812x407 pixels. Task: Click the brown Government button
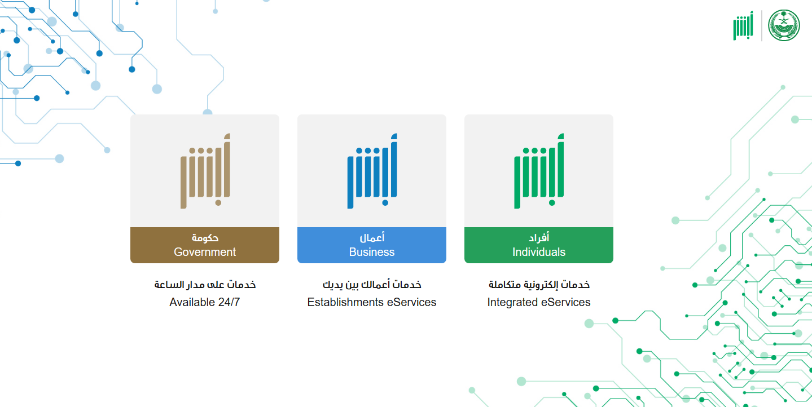click(205, 245)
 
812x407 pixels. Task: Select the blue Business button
click(371, 245)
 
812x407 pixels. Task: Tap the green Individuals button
click(539, 245)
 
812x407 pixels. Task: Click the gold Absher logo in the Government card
click(205, 171)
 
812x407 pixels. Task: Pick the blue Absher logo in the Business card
click(372, 171)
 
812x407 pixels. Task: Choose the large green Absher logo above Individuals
click(539, 171)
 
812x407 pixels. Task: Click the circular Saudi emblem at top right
click(784, 25)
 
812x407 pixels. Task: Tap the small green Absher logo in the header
click(743, 25)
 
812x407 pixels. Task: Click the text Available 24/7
click(205, 302)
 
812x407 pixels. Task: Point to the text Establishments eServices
click(371, 302)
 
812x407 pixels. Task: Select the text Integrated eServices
click(539, 302)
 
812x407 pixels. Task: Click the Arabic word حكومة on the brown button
click(205, 238)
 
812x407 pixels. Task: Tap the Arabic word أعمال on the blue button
click(372, 237)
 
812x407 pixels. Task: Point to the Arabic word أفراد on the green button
click(539, 237)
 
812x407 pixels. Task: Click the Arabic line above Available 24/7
click(205, 285)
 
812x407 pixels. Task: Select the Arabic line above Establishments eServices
click(372, 285)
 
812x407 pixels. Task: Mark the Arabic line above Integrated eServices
click(539, 285)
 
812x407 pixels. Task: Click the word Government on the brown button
click(205, 252)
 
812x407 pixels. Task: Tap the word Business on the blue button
click(371, 252)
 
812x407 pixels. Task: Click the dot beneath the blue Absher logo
click(385, 203)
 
